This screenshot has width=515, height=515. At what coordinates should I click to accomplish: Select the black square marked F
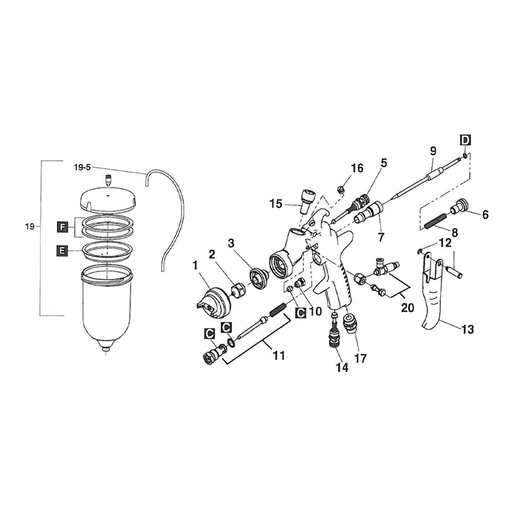[62, 227]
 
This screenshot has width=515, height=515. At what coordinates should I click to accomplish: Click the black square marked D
[465, 140]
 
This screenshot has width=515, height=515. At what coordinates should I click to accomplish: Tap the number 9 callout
[433, 151]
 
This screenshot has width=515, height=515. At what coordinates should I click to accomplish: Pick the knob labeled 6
[457, 209]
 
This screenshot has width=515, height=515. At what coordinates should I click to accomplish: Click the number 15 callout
[276, 204]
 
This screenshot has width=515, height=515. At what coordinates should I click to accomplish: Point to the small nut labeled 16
[340, 190]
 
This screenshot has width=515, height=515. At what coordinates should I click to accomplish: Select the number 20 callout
[407, 307]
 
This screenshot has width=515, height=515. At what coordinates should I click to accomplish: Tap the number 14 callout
[341, 368]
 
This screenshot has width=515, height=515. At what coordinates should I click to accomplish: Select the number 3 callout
[232, 242]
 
